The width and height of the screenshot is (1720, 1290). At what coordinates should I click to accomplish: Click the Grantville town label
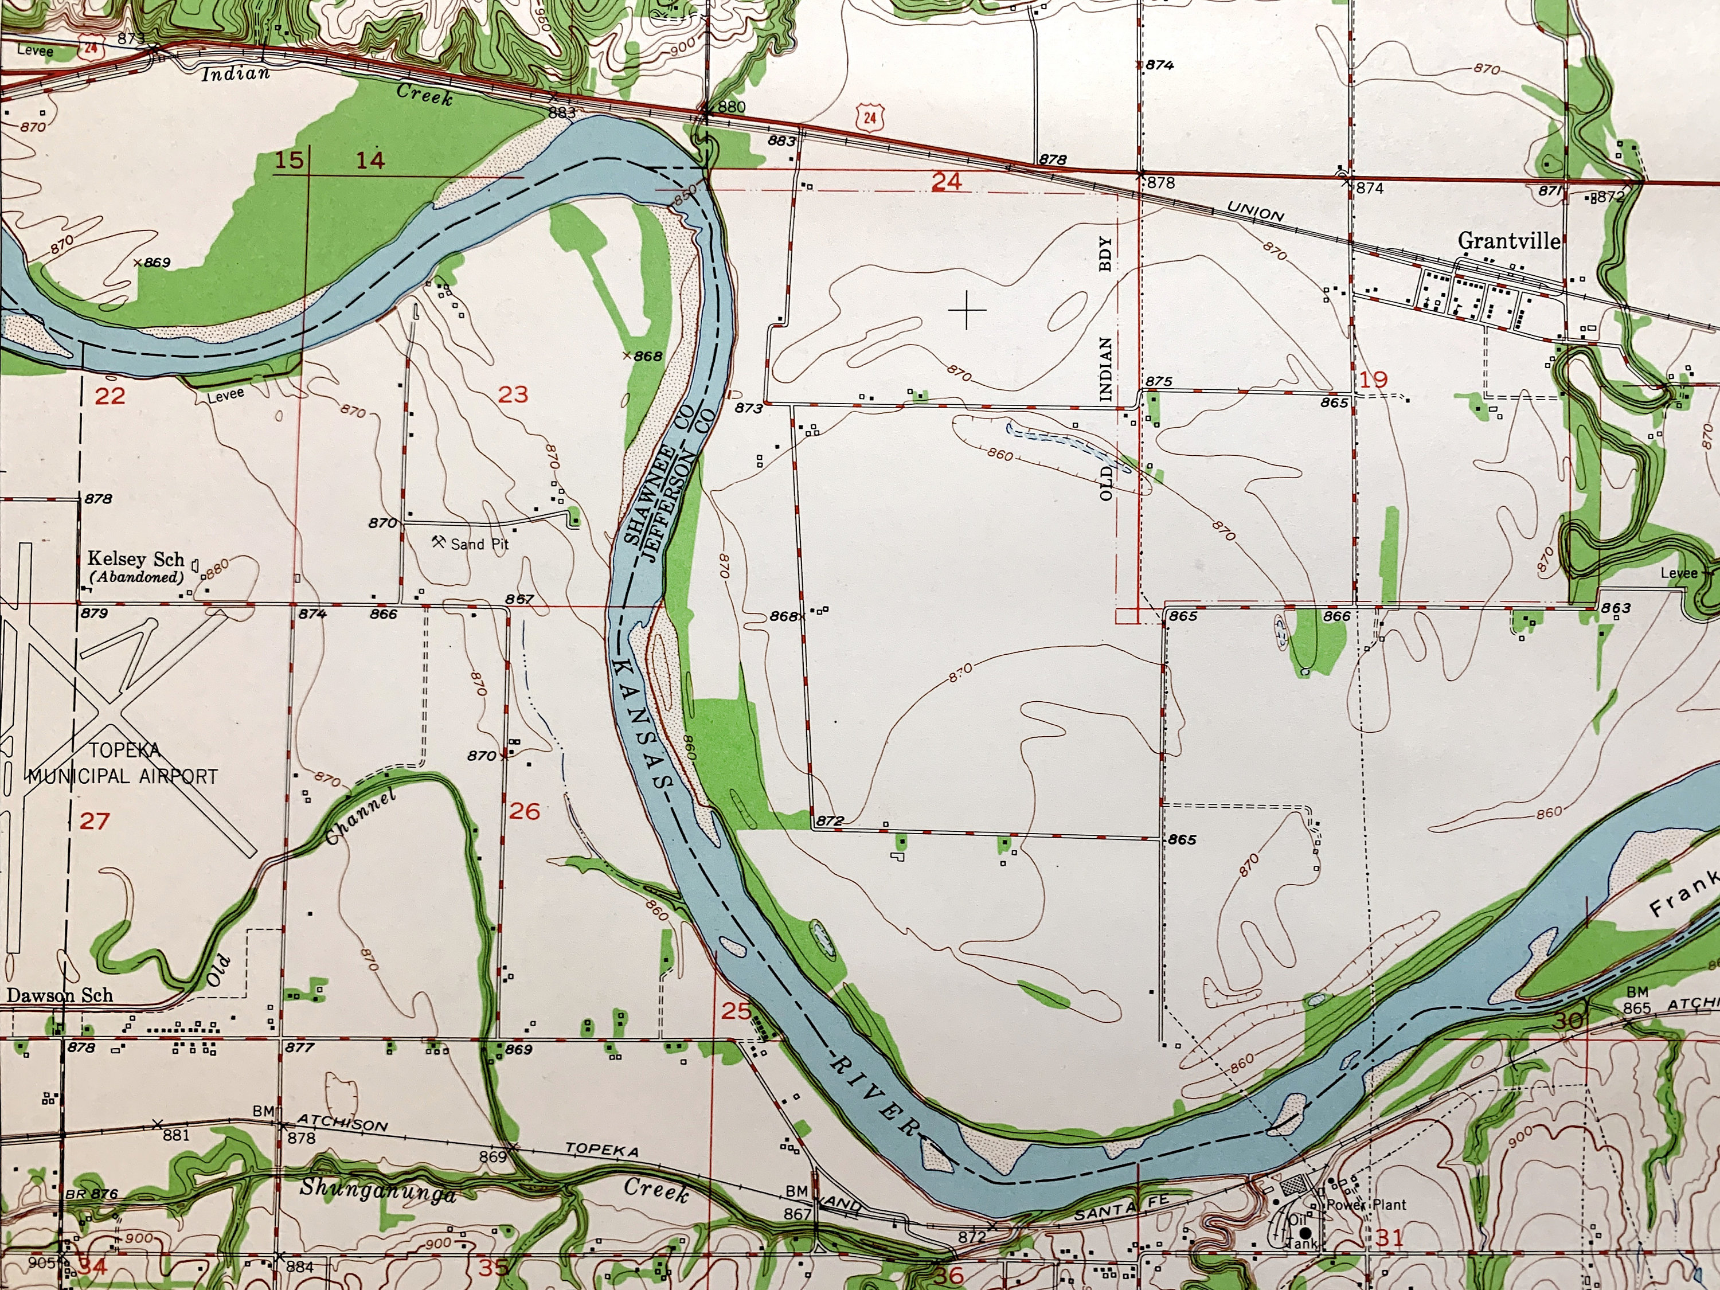click(1508, 241)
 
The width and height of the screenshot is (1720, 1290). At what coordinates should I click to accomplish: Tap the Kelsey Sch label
click(135, 559)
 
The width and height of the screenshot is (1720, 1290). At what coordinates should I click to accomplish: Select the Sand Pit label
click(480, 544)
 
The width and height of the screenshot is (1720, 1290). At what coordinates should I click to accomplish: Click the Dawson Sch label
click(60, 995)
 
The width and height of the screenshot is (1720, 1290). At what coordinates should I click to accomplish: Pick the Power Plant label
click(1366, 1205)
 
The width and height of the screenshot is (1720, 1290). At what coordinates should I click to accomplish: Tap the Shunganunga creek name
click(378, 1190)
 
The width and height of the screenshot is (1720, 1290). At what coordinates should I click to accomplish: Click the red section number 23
click(513, 395)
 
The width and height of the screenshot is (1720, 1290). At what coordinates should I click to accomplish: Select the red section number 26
click(524, 812)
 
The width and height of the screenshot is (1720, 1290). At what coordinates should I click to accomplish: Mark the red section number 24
click(947, 182)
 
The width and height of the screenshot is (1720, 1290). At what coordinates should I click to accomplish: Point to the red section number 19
click(1373, 380)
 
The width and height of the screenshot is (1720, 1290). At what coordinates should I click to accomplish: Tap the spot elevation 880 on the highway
click(731, 107)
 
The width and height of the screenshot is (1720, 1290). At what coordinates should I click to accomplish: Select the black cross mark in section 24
click(967, 311)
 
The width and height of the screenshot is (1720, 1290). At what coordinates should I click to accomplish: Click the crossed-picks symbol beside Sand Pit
click(439, 541)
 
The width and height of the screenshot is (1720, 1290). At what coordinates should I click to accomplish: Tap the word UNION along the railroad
click(1255, 212)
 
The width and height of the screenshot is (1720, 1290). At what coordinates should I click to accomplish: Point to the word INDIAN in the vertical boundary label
click(1105, 369)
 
